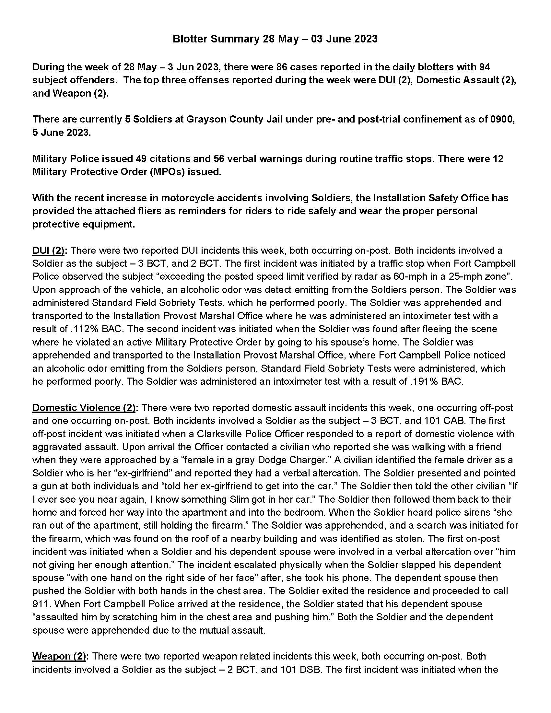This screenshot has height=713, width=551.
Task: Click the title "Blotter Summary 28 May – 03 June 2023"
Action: tap(275, 39)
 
